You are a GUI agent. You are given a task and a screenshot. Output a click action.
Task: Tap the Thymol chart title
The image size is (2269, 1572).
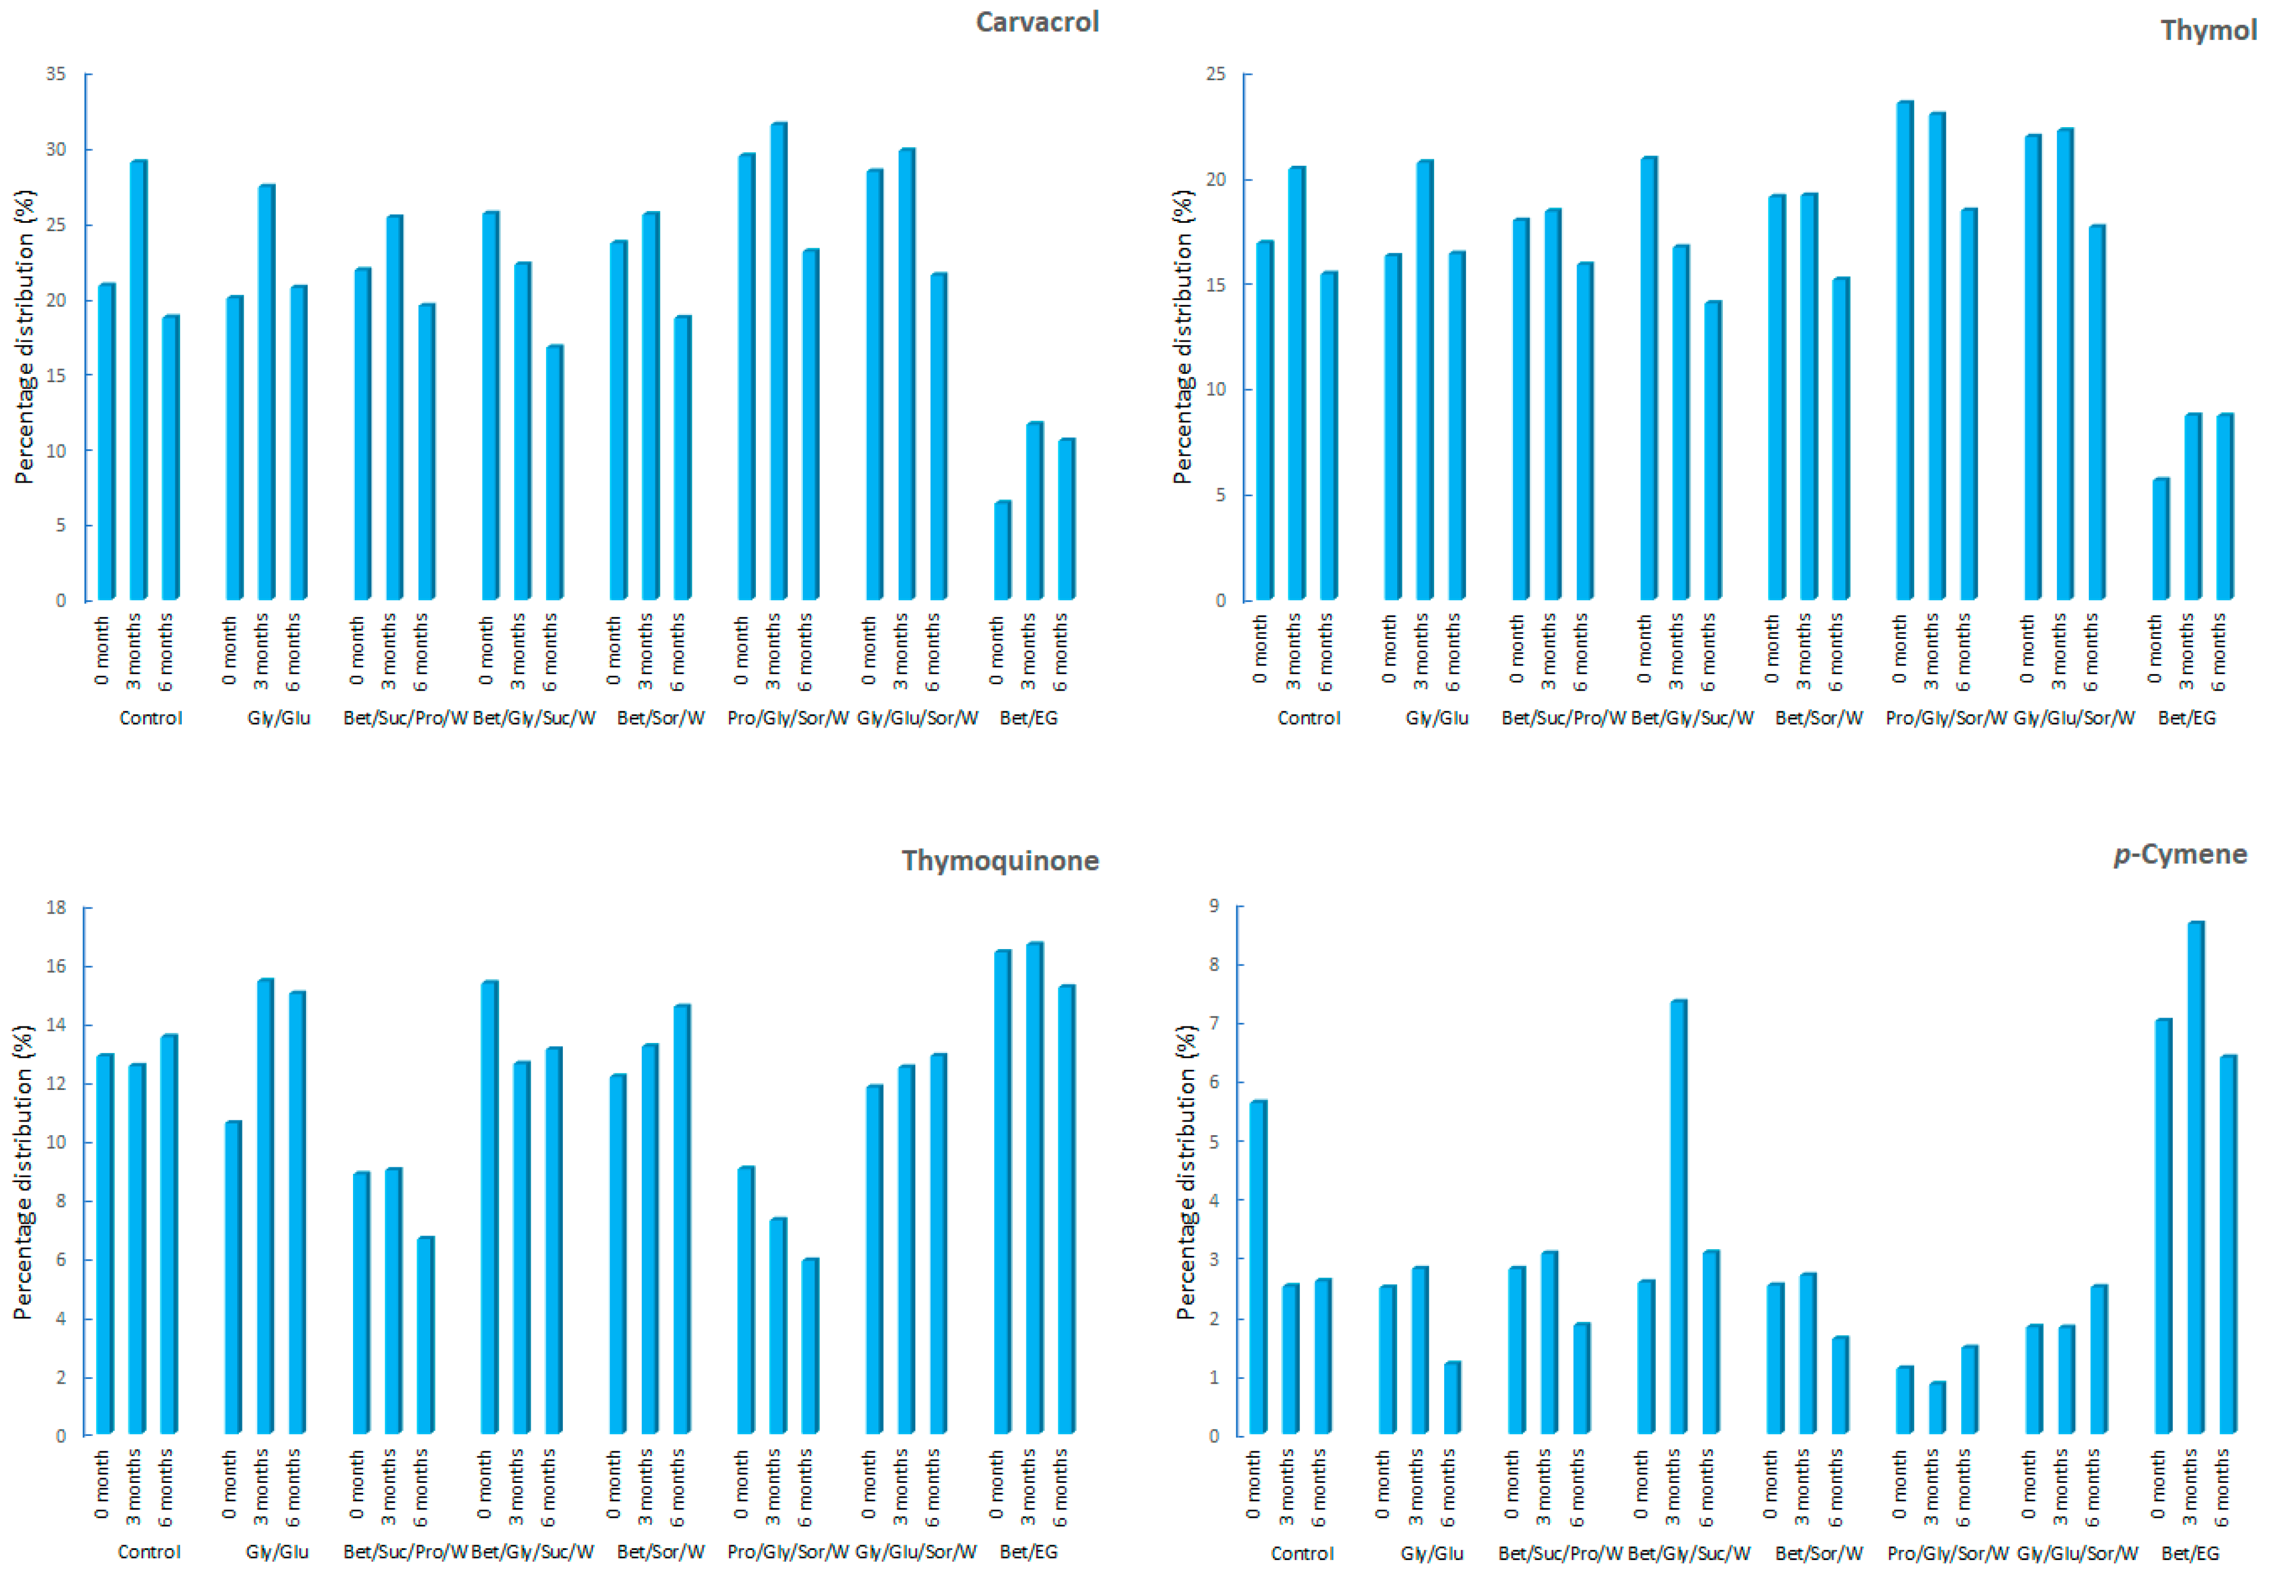point(2207,30)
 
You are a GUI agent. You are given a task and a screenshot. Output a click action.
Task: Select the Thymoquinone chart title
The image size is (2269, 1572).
point(1000,860)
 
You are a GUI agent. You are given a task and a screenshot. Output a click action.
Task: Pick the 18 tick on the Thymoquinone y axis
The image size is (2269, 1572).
point(55,907)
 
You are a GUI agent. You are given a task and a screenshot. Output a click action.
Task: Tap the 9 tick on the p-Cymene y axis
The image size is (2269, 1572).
point(1214,905)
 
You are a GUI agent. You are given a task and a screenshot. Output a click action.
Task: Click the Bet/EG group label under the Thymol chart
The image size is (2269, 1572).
point(2186,718)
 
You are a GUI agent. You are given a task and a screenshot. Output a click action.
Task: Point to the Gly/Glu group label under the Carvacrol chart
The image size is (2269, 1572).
point(279,718)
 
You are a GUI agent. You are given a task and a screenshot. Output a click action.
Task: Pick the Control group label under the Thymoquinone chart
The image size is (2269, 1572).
point(149,1551)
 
